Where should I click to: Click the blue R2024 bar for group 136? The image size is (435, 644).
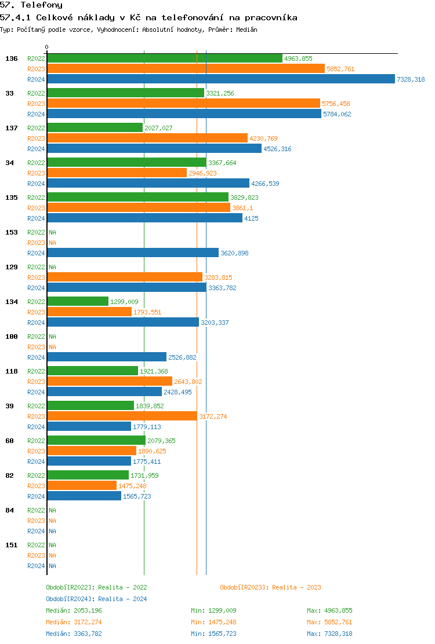(x=220, y=79)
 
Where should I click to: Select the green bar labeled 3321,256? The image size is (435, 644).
(x=125, y=93)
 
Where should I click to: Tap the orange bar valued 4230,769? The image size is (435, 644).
(x=147, y=138)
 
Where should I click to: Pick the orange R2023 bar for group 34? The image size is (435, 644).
(x=117, y=173)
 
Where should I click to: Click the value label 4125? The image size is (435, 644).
(x=251, y=218)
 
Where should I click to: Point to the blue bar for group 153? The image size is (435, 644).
(x=133, y=253)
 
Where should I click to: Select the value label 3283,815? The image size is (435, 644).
(x=218, y=277)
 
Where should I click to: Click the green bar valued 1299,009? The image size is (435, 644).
(x=78, y=301)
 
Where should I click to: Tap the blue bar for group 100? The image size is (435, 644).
(x=107, y=357)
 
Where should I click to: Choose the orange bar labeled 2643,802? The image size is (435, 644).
(x=110, y=381)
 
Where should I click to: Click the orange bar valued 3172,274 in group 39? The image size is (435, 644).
(x=122, y=416)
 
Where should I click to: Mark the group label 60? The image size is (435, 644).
(x=9, y=441)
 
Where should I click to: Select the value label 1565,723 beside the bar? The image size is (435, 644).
(x=137, y=496)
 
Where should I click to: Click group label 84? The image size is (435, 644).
(x=9, y=510)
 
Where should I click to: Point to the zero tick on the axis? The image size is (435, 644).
(x=47, y=47)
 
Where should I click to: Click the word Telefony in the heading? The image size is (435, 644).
(x=41, y=5)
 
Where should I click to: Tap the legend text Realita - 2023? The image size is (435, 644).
(x=296, y=587)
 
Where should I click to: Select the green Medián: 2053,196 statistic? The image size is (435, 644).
(x=74, y=610)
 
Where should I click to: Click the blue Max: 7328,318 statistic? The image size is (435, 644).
(x=329, y=634)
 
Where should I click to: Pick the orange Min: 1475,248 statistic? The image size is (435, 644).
(x=213, y=622)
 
